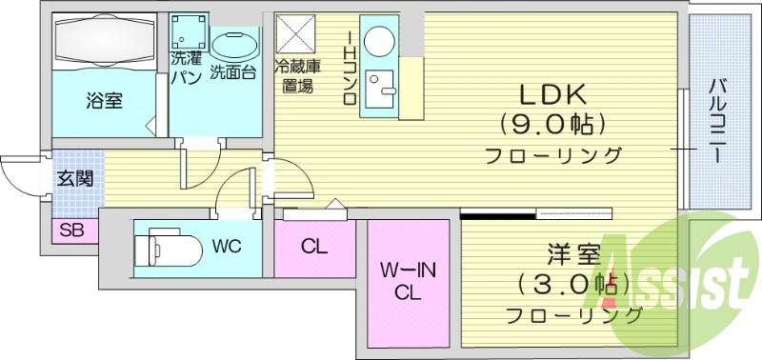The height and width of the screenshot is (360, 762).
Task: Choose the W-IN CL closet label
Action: click(409, 281)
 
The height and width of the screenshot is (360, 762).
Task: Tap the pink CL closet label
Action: click(314, 247)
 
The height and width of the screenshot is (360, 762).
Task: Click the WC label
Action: click(227, 247)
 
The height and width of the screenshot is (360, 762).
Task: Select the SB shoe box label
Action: click(70, 230)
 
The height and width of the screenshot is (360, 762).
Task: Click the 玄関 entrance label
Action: click(74, 178)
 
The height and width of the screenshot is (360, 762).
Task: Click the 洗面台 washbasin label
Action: click(233, 71)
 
